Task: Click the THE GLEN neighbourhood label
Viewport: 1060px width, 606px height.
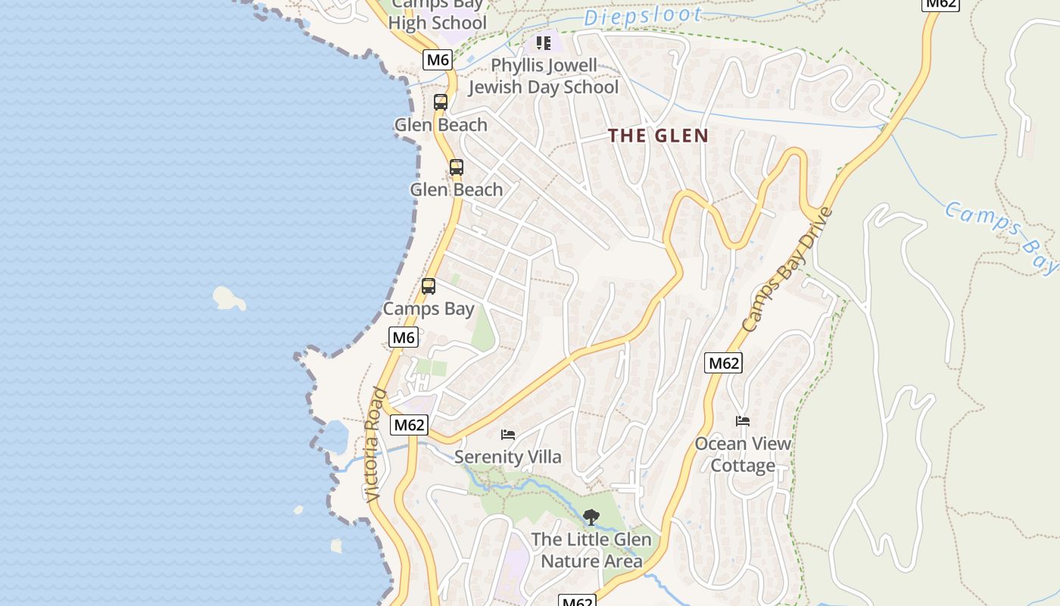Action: point(659,136)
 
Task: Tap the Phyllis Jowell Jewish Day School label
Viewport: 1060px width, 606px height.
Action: point(544,77)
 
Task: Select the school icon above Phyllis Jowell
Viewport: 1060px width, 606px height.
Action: point(543,43)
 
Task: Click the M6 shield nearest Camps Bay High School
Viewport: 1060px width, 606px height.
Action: point(438,60)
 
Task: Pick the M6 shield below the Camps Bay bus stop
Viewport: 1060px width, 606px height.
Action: point(403,337)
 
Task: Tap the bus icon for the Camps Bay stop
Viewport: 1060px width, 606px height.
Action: point(429,286)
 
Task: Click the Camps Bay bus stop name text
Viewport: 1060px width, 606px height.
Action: point(429,308)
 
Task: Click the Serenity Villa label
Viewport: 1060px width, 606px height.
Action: point(508,457)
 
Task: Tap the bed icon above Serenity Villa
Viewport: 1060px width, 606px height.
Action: point(508,435)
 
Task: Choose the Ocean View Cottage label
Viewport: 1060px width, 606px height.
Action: point(743,454)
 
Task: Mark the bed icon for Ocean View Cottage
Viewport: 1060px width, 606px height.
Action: point(743,421)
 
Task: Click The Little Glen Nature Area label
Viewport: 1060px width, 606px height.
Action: point(591,550)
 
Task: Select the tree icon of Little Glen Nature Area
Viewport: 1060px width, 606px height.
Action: point(591,517)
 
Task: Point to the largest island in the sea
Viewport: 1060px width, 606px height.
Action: point(229,298)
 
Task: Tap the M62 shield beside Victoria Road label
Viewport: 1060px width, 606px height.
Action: point(409,425)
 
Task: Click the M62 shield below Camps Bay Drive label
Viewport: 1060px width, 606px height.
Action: point(723,363)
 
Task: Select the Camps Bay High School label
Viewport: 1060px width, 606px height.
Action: point(438,15)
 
